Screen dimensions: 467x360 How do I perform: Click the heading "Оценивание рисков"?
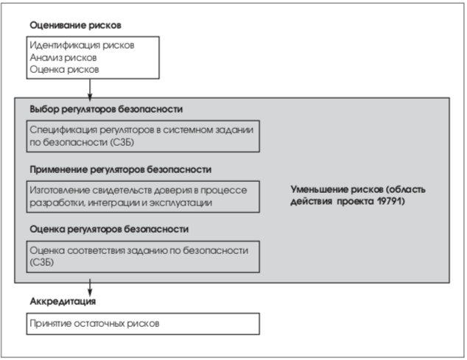click(x=75, y=25)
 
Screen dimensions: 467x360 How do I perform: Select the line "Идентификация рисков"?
click(x=82, y=45)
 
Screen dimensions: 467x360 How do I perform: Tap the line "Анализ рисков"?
click(x=63, y=57)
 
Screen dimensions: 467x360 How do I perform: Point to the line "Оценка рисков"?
click(x=64, y=70)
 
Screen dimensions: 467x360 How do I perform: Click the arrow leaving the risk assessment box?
click(x=90, y=89)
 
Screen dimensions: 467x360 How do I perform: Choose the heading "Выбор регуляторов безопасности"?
click(x=106, y=109)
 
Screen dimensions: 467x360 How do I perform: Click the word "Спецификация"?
click(x=63, y=130)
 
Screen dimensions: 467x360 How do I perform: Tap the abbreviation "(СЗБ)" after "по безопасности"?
click(x=122, y=142)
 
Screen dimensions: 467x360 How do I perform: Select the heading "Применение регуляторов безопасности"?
click(x=121, y=170)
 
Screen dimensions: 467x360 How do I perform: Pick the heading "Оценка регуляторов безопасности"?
click(x=109, y=229)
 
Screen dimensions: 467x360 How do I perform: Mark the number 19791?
click(x=389, y=201)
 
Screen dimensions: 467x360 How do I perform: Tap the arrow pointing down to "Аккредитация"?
click(x=90, y=288)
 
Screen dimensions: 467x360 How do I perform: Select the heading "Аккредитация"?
click(x=63, y=301)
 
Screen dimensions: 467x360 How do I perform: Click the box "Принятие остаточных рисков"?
click(x=143, y=324)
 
